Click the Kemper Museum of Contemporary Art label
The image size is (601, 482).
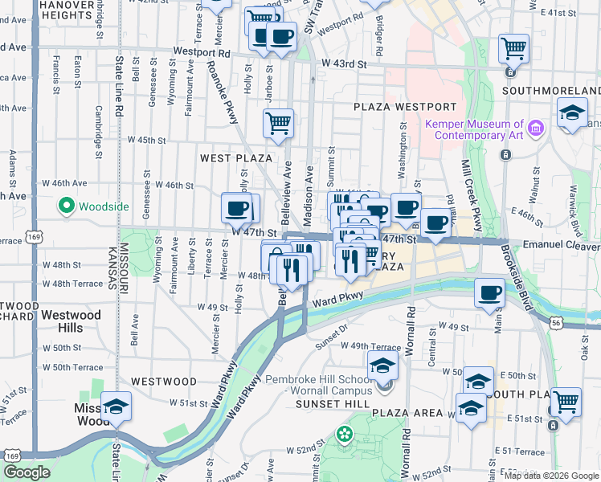point(473,129)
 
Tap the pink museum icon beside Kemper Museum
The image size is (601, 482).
point(536,128)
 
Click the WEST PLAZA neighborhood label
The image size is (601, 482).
point(236,158)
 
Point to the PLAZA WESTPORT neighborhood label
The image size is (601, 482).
point(405,107)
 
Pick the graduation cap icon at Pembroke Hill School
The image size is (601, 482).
point(383,366)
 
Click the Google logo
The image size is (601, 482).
point(27,472)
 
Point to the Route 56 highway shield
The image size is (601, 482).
point(556,321)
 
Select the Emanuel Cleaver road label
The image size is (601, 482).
point(554,242)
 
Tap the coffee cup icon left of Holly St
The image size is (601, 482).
point(236,208)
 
